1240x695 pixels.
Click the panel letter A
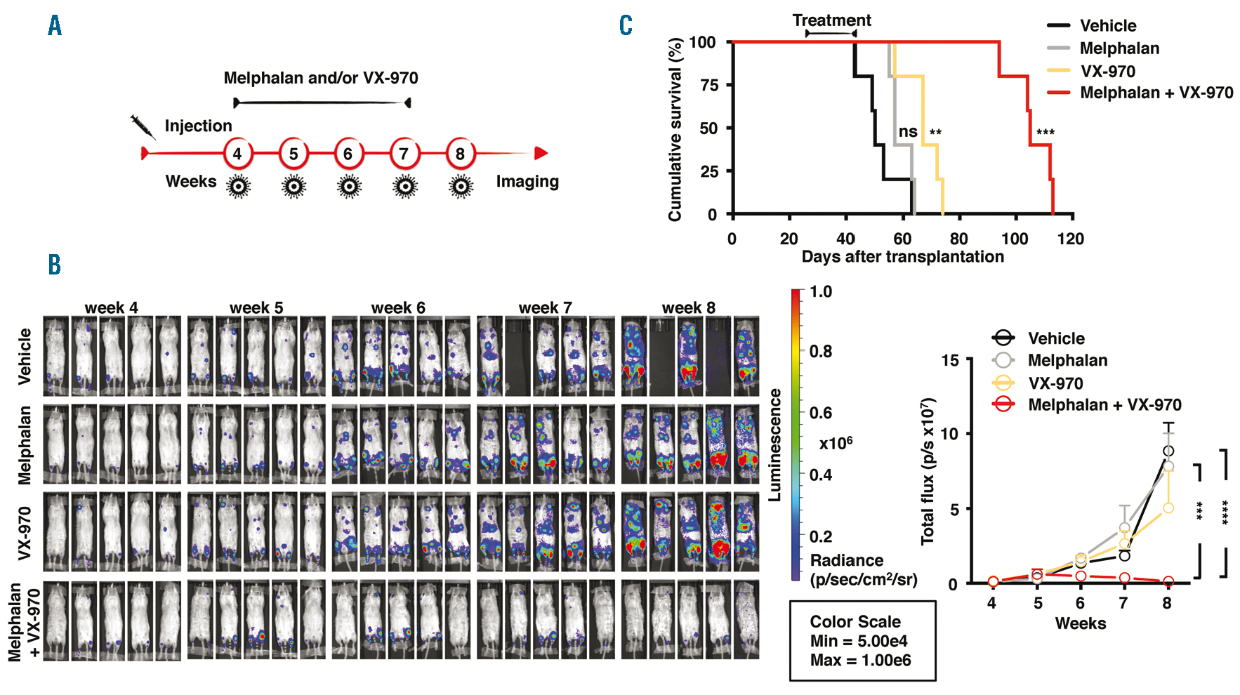tap(55, 27)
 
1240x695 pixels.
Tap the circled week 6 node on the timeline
tap(348, 154)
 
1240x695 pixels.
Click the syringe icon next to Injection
tap(143, 126)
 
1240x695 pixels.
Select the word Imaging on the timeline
tap(527, 182)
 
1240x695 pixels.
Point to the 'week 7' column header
tap(545, 307)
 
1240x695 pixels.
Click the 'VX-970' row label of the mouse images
tap(25, 533)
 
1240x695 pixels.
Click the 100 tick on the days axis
tap(1015, 239)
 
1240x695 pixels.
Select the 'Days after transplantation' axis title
tap(902, 257)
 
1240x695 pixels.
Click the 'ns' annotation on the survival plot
tap(907, 132)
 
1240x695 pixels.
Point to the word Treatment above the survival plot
tap(831, 20)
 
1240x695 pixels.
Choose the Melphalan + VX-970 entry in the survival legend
tap(1156, 93)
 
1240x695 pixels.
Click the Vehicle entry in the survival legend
tap(1107, 26)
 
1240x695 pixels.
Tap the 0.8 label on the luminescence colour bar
tap(820, 351)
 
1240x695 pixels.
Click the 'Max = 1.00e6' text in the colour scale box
tap(860, 661)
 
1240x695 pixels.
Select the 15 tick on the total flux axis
tap(949, 361)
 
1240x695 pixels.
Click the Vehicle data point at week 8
tap(1168, 451)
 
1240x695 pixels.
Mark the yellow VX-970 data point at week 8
tap(1168, 508)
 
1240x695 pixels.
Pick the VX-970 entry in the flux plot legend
tap(1055, 383)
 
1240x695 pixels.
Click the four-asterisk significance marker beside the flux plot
tap(1225, 512)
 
